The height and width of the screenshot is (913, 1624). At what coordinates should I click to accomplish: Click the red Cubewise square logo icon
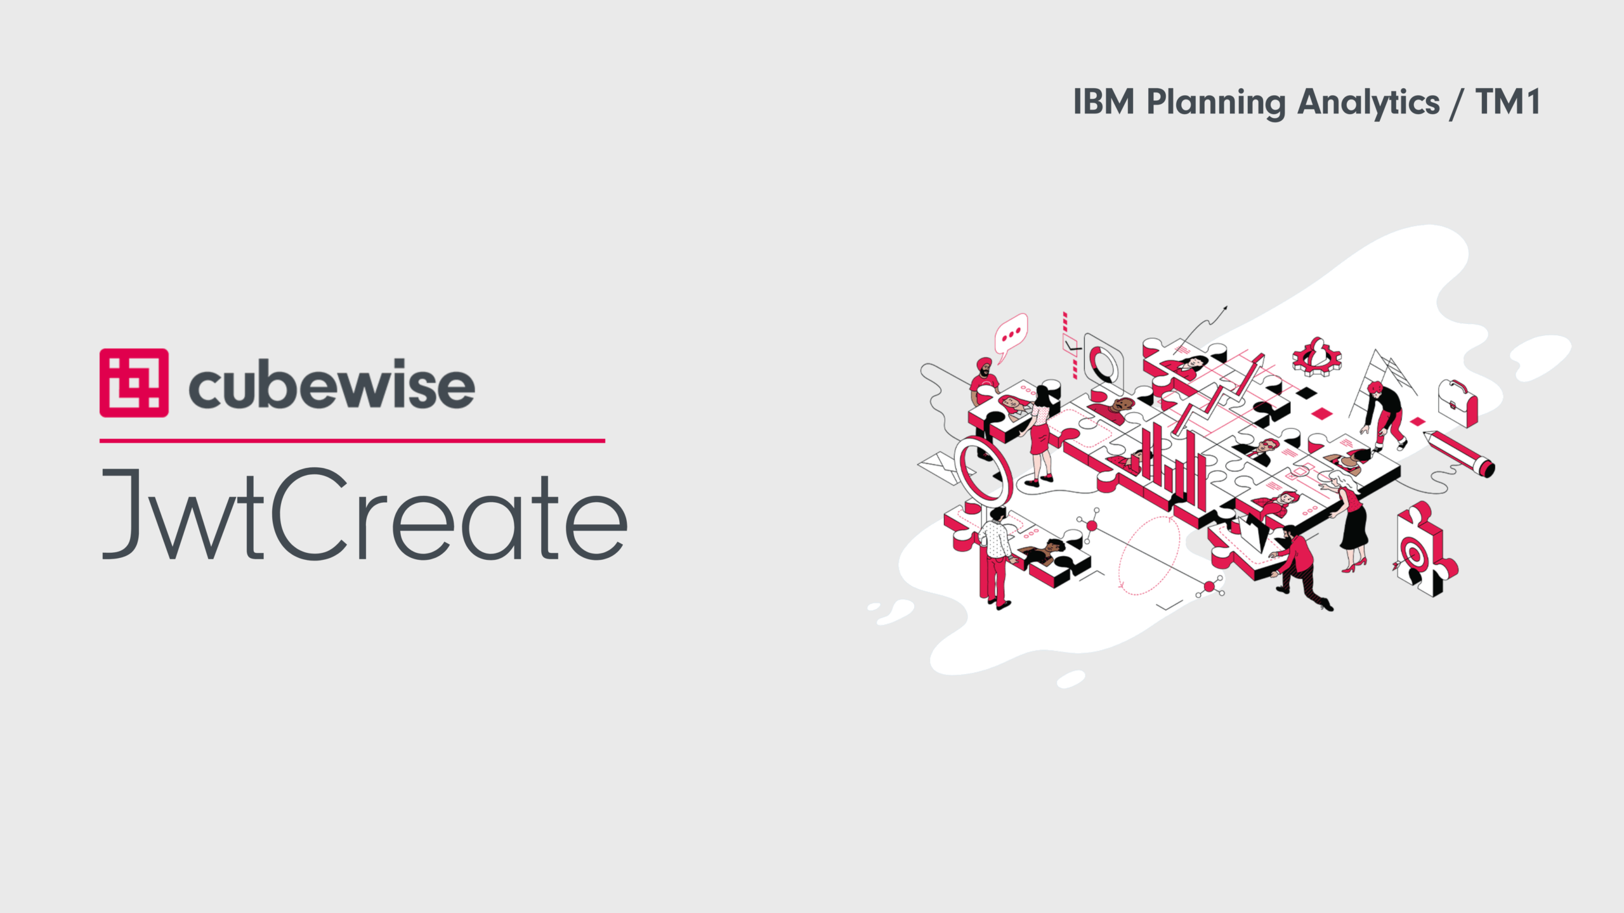click(x=134, y=382)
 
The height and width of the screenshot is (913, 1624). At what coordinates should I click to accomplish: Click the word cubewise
click(x=332, y=384)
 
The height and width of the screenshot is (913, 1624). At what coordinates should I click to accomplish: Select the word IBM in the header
click(x=1104, y=102)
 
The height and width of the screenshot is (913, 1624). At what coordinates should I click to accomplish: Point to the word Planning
click(x=1216, y=103)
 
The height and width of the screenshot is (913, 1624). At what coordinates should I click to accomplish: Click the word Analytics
click(x=1368, y=103)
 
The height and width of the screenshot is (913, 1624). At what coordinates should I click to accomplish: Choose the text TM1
click(x=1508, y=102)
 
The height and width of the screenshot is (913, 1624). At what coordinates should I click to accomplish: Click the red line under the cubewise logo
click(x=352, y=440)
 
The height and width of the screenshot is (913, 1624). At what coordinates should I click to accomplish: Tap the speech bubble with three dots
click(x=1010, y=336)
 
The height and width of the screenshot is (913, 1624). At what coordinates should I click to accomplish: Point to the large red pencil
click(x=1459, y=453)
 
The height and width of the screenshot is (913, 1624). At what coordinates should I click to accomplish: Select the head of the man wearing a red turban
click(x=983, y=366)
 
